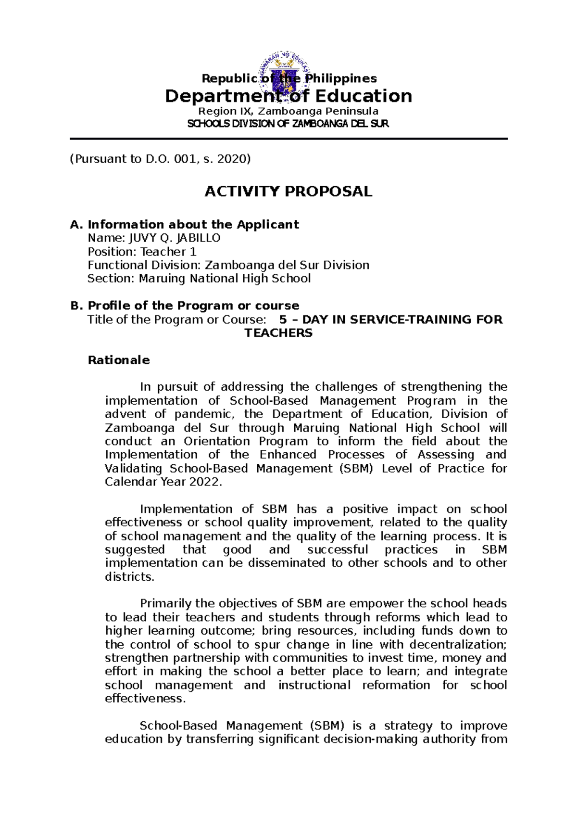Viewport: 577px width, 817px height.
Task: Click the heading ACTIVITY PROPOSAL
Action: pyautogui.click(x=288, y=191)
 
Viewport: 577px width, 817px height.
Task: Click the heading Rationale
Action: pyautogui.click(x=118, y=360)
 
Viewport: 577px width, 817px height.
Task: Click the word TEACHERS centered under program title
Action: pyautogui.click(x=278, y=333)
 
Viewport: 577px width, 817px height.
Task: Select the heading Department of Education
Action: pyautogui.click(x=288, y=96)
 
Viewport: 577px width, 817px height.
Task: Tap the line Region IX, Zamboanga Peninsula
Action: pyautogui.click(x=288, y=111)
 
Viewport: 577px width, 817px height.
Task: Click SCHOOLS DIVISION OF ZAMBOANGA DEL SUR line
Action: pyautogui.click(x=288, y=124)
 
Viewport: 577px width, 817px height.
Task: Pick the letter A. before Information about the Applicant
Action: pyautogui.click(x=76, y=225)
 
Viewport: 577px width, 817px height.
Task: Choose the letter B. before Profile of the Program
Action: pyautogui.click(x=76, y=306)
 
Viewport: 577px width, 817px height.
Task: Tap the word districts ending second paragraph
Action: pyautogui.click(x=129, y=577)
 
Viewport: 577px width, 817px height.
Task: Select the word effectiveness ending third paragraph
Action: pyautogui.click(x=144, y=699)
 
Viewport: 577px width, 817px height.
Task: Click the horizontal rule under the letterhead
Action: pyautogui.click(x=288, y=139)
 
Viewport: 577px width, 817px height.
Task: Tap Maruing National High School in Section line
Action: pyautogui.click(x=225, y=279)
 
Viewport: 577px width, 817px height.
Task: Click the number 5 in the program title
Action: pyautogui.click(x=283, y=319)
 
